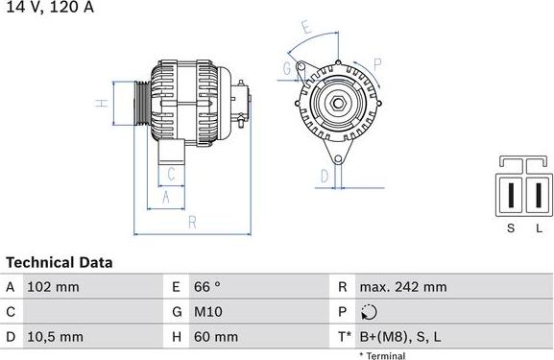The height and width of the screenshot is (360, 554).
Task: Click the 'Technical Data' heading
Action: [60, 262]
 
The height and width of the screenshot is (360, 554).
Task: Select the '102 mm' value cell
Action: [53, 287]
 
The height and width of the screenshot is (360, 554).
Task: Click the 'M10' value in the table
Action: [210, 312]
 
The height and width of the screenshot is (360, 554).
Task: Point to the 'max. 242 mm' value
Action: [402, 287]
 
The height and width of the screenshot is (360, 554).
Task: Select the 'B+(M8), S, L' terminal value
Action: [400, 337]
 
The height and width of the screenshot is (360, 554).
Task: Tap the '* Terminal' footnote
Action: [382, 355]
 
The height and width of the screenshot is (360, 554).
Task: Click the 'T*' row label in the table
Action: [343, 337]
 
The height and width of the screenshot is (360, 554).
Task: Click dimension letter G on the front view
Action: [287, 67]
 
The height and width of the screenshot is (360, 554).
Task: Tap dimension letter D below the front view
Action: [325, 175]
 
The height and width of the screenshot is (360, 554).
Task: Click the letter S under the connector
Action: [511, 228]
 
